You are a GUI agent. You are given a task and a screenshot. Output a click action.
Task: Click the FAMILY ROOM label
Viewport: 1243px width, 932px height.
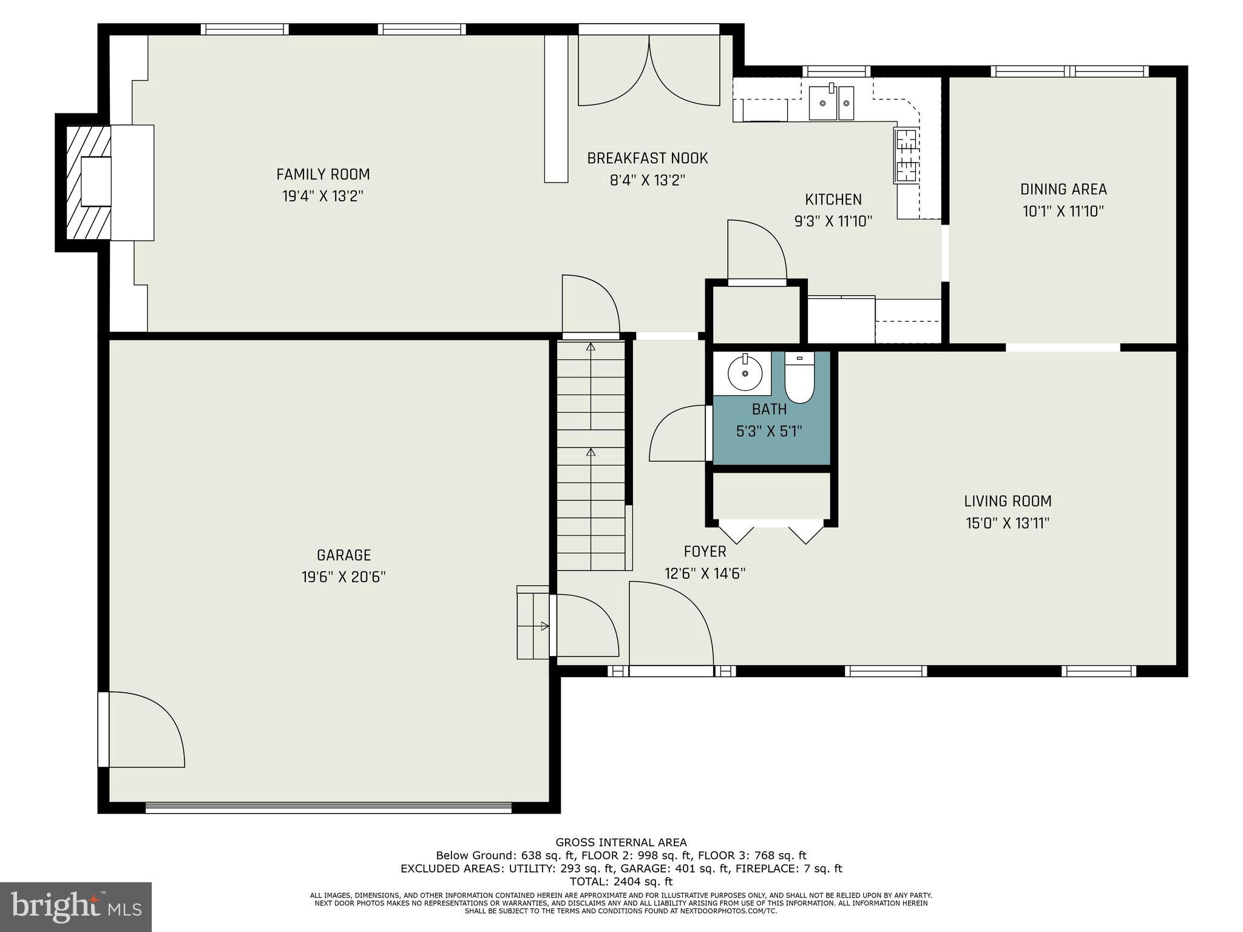pos(323,175)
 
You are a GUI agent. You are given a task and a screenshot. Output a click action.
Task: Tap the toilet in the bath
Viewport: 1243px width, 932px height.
pos(799,379)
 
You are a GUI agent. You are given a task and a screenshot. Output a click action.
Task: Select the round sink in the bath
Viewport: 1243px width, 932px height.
pos(745,373)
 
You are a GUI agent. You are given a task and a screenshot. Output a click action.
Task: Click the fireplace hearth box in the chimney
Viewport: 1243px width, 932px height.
pos(97,181)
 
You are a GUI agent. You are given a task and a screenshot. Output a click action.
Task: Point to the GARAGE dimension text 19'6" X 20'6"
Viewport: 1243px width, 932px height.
pos(344,576)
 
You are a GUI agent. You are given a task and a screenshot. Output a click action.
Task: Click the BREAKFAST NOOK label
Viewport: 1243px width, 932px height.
pos(647,158)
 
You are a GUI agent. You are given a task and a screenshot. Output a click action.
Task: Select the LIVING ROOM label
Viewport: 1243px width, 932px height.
pos(1008,501)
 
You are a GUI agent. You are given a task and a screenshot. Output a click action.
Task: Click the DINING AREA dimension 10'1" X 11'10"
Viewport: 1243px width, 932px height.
pos(1063,211)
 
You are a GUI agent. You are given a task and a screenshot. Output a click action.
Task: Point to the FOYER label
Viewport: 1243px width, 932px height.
pos(705,552)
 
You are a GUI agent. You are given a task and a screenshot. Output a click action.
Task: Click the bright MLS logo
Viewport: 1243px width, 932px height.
pos(76,907)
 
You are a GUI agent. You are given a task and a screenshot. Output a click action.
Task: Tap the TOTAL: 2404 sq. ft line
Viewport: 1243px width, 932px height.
pos(621,882)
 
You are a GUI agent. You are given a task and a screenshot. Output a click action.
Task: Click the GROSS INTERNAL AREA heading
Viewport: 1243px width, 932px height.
pos(621,842)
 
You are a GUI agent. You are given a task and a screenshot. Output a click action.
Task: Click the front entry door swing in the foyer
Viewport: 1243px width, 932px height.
pos(670,625)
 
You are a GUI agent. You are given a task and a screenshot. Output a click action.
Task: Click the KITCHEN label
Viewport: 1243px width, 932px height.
pos(833,200)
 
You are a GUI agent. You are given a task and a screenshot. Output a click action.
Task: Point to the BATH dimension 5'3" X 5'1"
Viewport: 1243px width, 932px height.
pos(769,431)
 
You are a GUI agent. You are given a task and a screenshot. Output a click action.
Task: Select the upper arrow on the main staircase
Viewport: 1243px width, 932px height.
pos(591,348)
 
